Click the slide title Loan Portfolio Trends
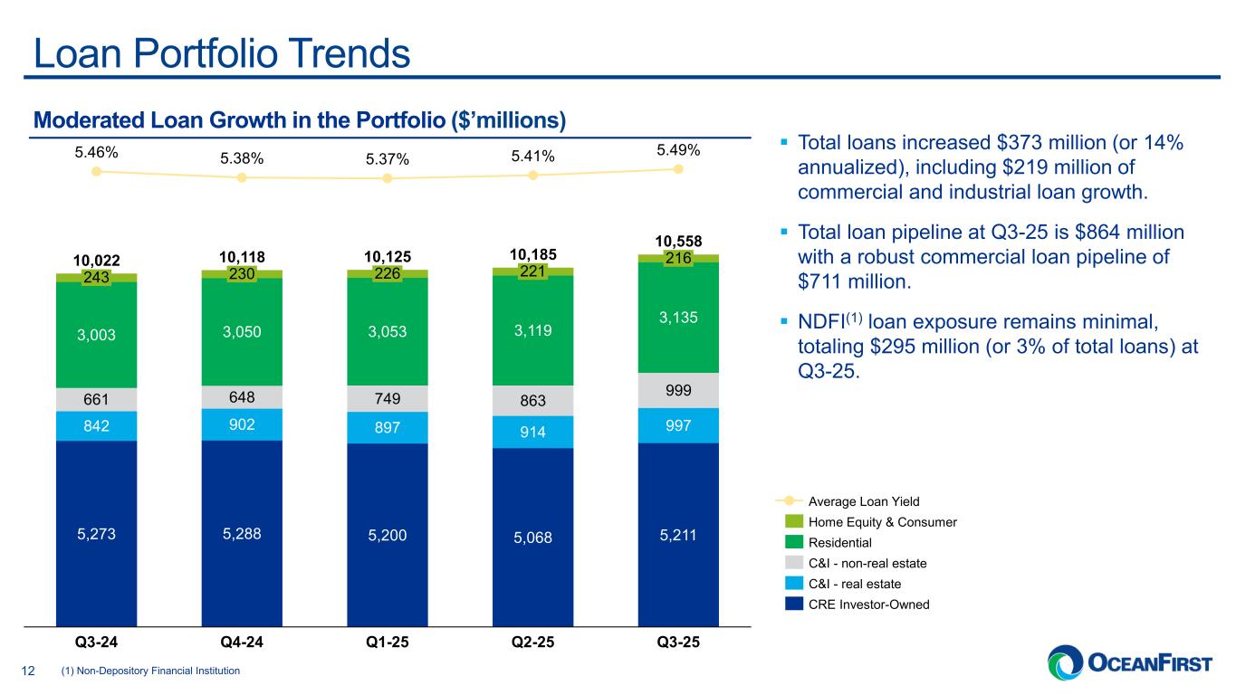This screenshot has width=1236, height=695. point(222,54)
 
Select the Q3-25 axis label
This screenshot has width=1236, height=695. point(678,643)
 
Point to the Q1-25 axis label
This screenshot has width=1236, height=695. point(387,643)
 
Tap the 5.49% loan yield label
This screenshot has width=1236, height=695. point(678,149)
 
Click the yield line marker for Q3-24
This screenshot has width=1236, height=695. point(96,172)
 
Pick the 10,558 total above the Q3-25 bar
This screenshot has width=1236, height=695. point(678,240)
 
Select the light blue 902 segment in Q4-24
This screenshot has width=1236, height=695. point(242,424)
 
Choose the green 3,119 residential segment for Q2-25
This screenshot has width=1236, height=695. point(532,330)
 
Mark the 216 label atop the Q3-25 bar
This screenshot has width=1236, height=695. point(678,259)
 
